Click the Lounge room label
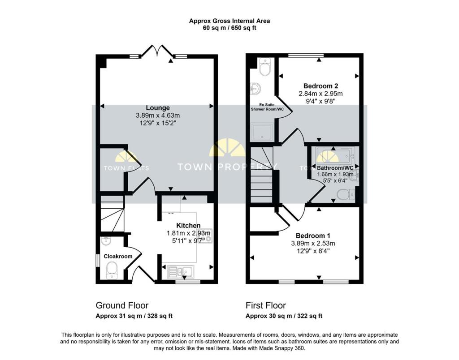157,108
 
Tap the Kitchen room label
188,225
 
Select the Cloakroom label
118,257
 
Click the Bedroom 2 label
320,86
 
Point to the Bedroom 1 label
313,236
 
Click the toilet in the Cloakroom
112,270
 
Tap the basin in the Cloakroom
106,241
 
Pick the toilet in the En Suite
265,68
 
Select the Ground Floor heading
122,305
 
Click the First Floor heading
265,305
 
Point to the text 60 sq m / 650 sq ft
229,28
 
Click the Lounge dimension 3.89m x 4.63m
157,116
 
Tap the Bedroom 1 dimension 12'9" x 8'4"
313,251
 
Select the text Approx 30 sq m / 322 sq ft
284,316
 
